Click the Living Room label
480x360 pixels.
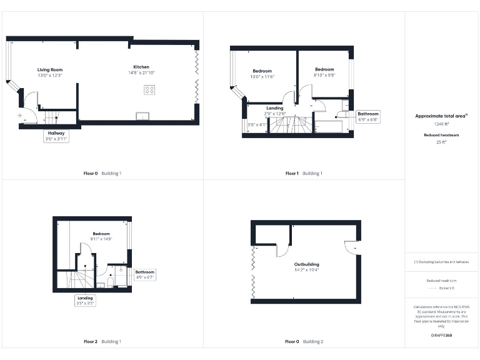(50, 70)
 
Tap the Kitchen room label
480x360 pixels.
(141, 67)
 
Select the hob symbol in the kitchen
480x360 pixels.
(149, 90)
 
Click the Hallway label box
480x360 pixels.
(56, 136)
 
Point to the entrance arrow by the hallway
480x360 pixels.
(20, 116)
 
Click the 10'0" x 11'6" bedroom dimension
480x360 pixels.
(262, 76)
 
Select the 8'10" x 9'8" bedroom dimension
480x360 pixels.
(324, 75)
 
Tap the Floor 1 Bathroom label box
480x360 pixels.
(367, 117)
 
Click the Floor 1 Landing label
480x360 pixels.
(275, 108)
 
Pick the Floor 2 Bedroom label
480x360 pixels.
(101, 233)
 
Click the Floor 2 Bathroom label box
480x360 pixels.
(144, 274)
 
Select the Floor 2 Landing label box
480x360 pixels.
(85, 301)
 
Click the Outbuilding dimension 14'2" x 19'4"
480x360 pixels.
(307, 270)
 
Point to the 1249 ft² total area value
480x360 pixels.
(442, 124)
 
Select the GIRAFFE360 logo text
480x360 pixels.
(442, 336)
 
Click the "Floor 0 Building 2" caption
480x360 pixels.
(304, 342)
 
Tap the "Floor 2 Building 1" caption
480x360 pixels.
(102, 342)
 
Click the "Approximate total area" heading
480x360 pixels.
(441, 116)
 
